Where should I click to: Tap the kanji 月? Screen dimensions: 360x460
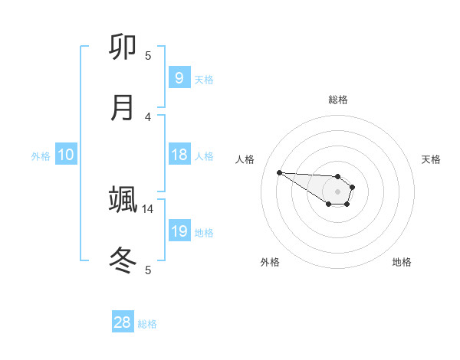(123, 108)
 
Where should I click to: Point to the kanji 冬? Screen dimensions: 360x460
(123, 259)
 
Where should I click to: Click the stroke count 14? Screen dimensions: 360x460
(148, 208)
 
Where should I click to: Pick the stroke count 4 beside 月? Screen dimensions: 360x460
(148, 116)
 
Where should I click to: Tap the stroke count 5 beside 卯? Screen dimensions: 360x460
(148, 55)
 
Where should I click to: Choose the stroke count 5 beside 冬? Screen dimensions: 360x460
(148, 270)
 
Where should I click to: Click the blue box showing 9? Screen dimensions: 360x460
(179, 78)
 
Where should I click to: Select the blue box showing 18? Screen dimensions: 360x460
(179, 155)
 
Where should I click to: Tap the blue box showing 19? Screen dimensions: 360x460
(179, 231)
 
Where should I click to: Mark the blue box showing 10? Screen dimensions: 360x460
(65, 155)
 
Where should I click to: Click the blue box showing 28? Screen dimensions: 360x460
(123, 322)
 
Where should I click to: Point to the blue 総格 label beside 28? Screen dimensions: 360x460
(147, 324)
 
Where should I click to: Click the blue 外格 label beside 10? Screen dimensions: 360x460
(41, 156)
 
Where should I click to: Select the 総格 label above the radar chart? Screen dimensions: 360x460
(337, 100)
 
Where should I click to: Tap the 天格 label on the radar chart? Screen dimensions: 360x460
(432, 159)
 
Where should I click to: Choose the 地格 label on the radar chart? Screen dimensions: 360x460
(402, 263)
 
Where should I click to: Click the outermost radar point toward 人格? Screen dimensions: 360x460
(279, 172)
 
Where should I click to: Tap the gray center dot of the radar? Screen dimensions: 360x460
(337, 191)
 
